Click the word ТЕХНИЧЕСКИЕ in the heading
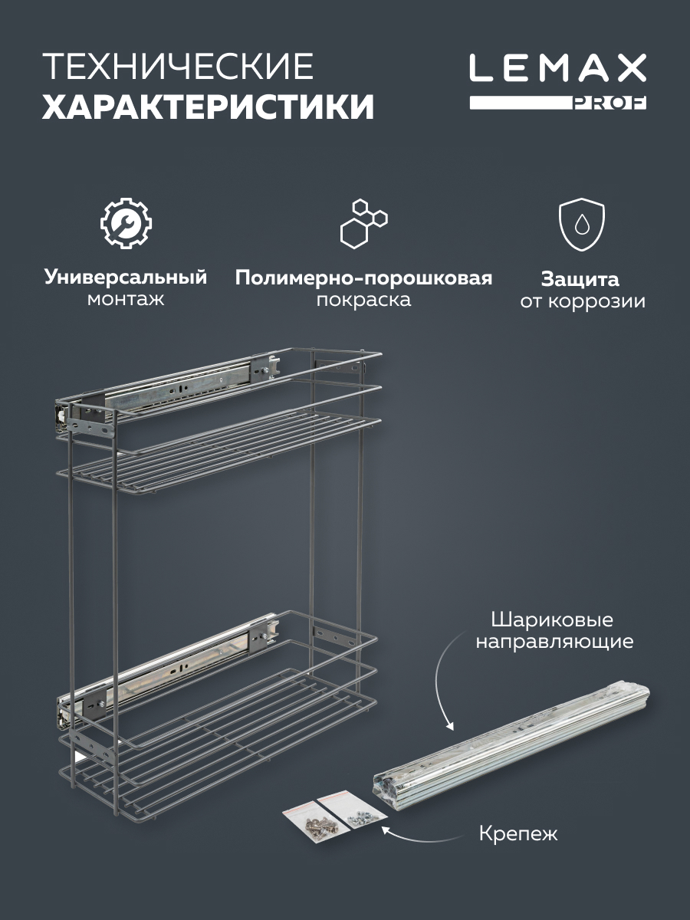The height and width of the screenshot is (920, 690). click(178, 67)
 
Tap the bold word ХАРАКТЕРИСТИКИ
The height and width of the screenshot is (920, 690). click(208, 107)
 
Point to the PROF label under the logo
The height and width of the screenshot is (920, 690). click(609, 104)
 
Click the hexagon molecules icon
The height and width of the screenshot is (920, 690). click(363, 223)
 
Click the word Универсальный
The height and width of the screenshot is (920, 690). click(126, 277)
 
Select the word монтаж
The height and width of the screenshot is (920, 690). click(126, 299)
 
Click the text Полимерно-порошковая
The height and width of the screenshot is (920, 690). click(363, 278)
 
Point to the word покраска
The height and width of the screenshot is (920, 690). click(363, 299)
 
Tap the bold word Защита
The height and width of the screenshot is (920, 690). click(580, 279)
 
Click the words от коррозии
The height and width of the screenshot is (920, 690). click(582, 301)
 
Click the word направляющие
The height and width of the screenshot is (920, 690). click(554, 642)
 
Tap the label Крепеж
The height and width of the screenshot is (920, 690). click(517, 833)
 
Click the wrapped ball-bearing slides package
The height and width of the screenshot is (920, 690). click(510, 744)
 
